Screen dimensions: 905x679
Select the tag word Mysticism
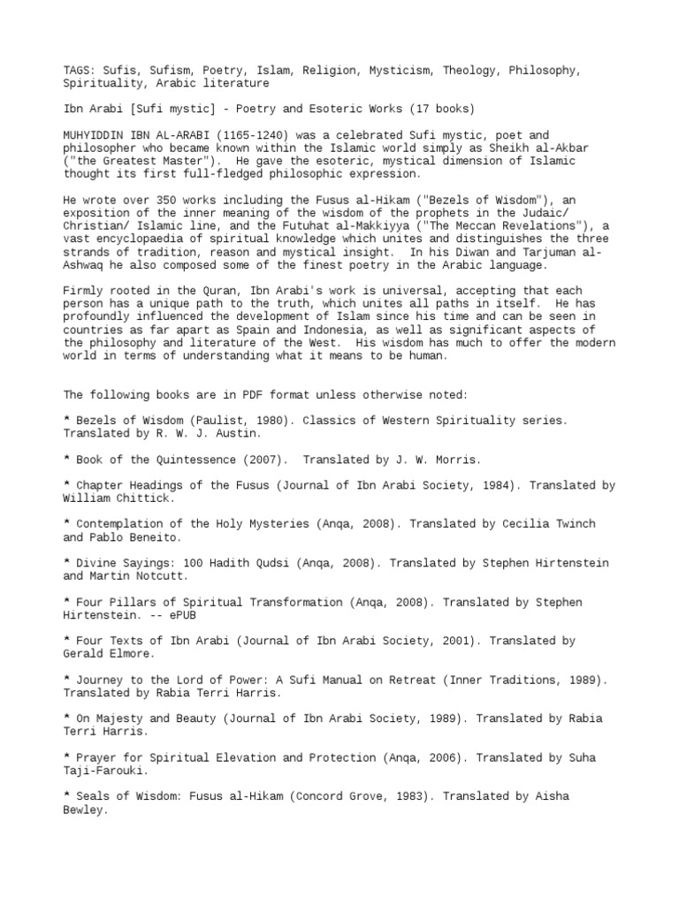click(x=372, y=70)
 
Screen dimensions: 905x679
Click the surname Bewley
click(x=86, y=810)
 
